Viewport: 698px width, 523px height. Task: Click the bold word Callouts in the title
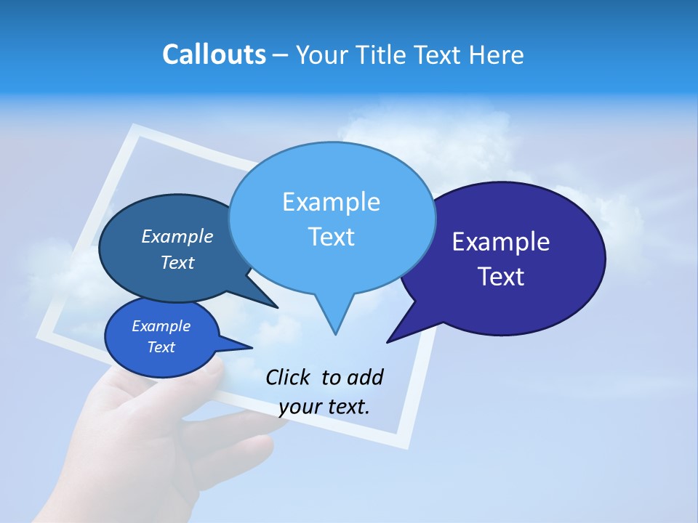[214, 54]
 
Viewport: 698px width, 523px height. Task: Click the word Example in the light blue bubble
[331, 202]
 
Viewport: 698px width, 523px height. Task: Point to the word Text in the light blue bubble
[331, 237]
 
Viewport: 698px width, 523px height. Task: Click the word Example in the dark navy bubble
[501, 242]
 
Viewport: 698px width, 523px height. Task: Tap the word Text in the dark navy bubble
[501, 277]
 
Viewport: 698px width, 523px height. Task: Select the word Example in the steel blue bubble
[177, 236]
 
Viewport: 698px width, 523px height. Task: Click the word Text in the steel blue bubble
[177, 262]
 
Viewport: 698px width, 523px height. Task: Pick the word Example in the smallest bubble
[161, 326]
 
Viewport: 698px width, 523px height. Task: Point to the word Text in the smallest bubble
[161, 347]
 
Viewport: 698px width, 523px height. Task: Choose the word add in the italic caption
[364, 377]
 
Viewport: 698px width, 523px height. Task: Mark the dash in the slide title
[281, 55]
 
